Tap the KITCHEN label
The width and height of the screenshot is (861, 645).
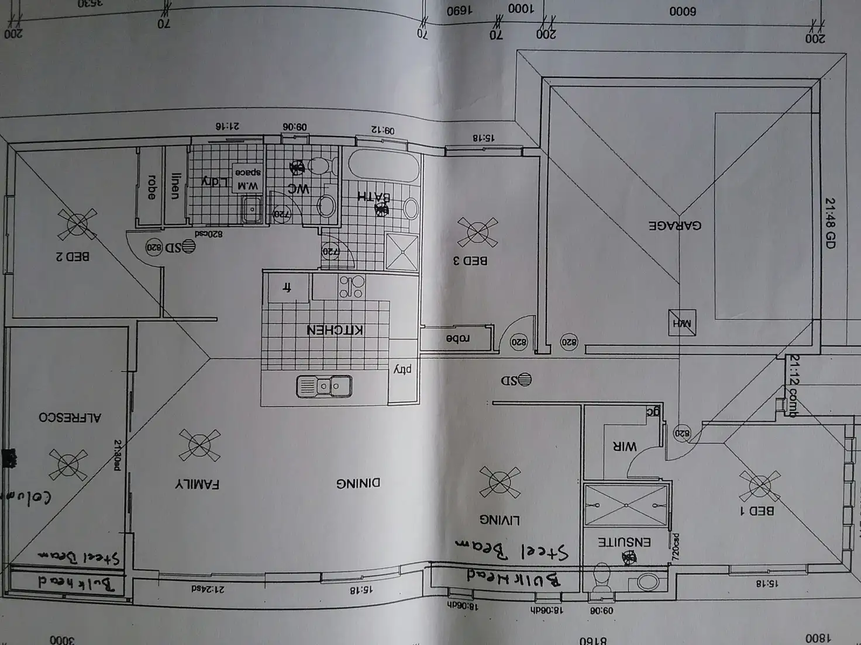click(335, 330)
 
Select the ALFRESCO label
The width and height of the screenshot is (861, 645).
click(70, 417)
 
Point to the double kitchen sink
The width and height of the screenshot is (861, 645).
click(324, 386)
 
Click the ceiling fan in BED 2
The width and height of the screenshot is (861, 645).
click(77, 224)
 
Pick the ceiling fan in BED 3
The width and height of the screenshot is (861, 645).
click(477, 232)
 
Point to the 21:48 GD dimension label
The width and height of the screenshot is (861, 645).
click(829, 223)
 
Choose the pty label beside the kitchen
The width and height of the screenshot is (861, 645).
click(403, 369)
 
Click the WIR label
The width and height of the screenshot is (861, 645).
click(624, 446)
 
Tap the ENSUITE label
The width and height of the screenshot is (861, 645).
click(624, 542)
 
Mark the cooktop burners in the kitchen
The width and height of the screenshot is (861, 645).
click(352, 286)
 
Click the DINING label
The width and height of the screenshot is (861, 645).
click(358, 483)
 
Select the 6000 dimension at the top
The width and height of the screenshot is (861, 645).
click(683, 11)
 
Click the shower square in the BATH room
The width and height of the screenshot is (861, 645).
click(402, 251)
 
